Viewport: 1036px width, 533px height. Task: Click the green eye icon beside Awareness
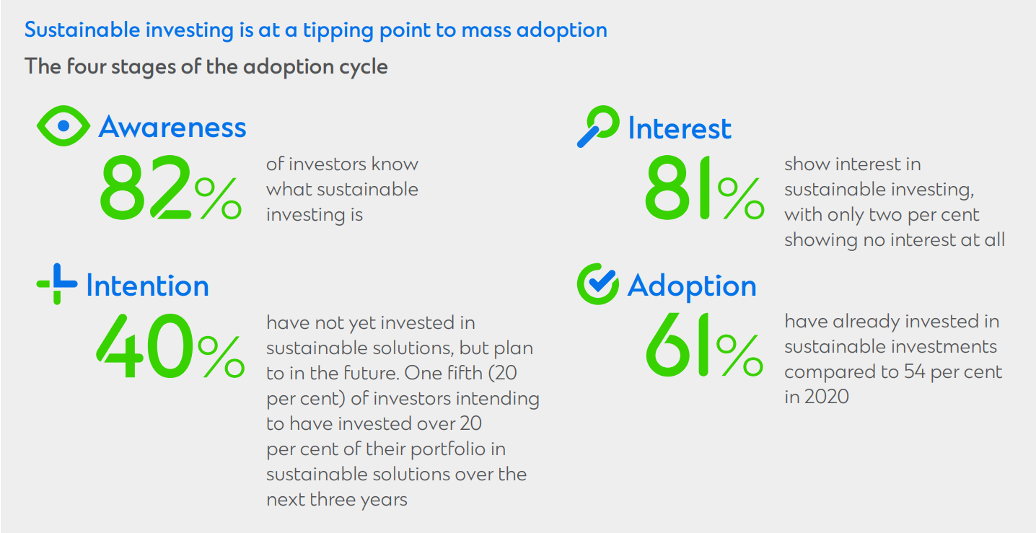point(63,125)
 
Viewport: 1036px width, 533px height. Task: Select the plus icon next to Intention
point(57,284)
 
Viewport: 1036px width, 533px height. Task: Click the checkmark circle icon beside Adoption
point(598,284)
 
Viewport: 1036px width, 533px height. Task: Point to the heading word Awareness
point(172,127)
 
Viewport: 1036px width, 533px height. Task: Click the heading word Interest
point(680,128)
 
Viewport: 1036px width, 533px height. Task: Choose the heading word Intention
point(148,285)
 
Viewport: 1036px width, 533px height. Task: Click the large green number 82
point(145,188)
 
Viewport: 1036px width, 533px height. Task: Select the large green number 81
point(677,188)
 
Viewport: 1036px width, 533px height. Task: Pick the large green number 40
point(145,345)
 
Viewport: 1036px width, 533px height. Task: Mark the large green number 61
point(677,344)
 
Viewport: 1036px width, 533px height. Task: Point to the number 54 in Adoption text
point(914,371)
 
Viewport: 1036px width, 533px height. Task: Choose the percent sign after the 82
point(218,199)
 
